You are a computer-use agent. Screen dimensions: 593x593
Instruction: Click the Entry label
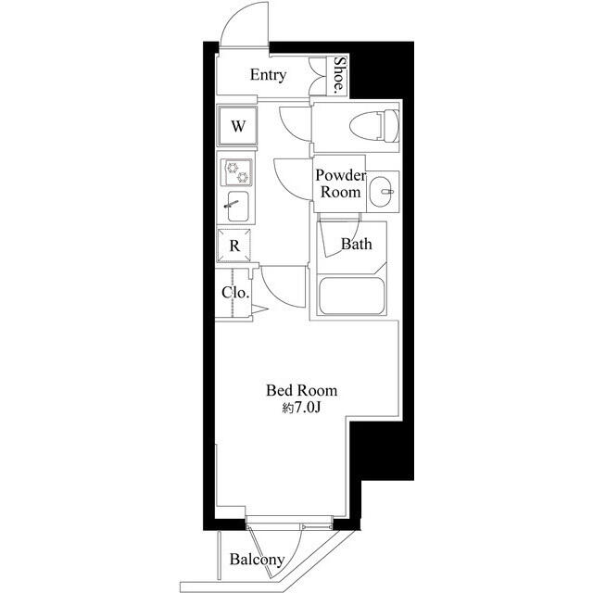(268, 76)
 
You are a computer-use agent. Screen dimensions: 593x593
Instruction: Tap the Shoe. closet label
(340, 75)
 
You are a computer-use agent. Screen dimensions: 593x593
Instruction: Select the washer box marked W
(237, 127)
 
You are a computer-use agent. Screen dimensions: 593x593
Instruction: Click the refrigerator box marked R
(235, 246)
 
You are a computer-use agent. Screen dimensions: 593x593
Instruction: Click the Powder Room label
(340, 183)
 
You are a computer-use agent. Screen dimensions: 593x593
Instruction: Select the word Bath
(356, 246)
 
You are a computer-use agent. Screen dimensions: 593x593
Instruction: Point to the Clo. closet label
(235, 293)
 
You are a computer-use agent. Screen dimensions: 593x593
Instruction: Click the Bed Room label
(301, 391)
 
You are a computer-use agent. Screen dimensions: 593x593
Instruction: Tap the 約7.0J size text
(301, 408)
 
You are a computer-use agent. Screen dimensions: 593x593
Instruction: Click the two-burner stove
(235, 172)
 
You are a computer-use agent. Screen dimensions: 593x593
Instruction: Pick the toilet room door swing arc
(292, 120)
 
